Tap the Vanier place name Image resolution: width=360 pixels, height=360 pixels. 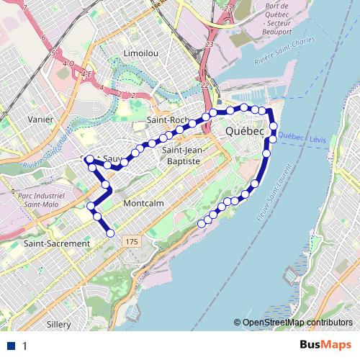40,119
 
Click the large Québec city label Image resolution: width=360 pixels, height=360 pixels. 244,132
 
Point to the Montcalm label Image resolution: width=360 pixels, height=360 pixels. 144,203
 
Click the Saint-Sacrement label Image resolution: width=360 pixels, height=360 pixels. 57,243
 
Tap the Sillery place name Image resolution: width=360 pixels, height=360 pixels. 59,324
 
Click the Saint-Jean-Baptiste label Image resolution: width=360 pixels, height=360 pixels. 184,155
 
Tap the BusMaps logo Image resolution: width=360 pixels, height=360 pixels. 325,346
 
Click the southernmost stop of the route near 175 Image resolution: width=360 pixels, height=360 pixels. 110,233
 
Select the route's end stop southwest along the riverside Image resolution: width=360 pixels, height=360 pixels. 202,224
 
